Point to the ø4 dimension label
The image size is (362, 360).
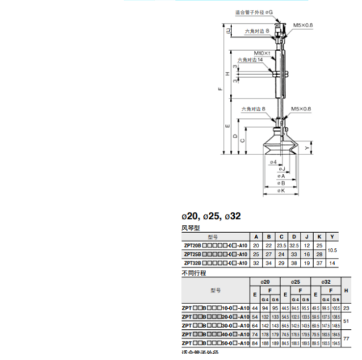pos(275,162)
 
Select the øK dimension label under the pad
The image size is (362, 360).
pos(280,191)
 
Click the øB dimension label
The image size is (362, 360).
pos(280,183)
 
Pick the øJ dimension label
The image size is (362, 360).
pos(280,169)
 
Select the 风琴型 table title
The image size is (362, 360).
pos(191,228)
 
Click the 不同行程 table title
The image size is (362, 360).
pos(193,273)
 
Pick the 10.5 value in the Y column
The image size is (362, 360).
pos(333,250)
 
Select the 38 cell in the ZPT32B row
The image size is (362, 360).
pos(294,264)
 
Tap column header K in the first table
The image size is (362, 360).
pos(319,237)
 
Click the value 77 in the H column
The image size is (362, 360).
pos(347,338)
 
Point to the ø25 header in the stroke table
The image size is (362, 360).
pos(295,282)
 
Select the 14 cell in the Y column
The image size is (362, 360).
pos(333,264)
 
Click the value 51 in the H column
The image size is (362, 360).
pos(347,321)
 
